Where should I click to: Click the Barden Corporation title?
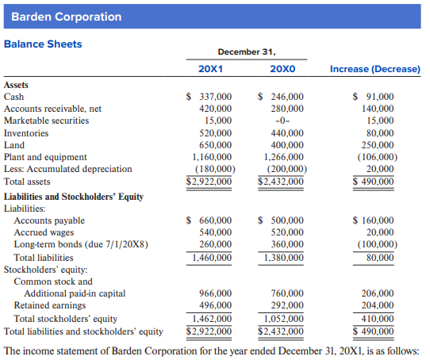[x=67, y=17]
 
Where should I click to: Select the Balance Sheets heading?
[x=43, y=44]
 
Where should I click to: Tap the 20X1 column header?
[x=210, y=69]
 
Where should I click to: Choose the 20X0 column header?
[x=282, y=69]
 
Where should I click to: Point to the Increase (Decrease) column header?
[x=375, y=69]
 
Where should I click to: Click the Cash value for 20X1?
[x=209, y=97]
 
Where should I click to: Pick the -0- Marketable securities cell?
[x=282, y=121]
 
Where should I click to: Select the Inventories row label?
[x=26, y=133]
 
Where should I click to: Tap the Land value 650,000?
[x=215, y=145]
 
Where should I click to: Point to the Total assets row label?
[x=27, y=182]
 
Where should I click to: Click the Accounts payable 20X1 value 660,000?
[x=209, y=220]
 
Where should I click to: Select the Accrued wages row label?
[x=44, y=232]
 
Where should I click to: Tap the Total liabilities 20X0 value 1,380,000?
[x=284, y=258]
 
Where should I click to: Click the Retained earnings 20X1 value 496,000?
[x=215, y=305]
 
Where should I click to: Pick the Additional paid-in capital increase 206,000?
[x=378, y=293]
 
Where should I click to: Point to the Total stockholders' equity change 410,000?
[x=378, y=319]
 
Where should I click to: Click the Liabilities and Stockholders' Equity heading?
[x=74, y=197]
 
